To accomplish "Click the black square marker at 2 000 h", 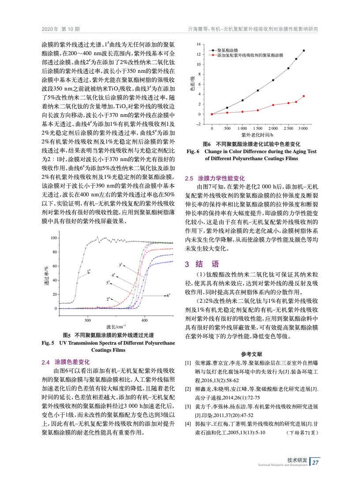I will [x=273, y=80].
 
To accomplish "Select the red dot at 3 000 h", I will [x=304, y=96].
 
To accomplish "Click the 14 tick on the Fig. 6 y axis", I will [x=199, y=45].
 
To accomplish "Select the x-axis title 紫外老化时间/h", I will [x=258, y=134].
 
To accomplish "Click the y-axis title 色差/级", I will [x=192, y=82].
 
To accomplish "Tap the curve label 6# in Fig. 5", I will [x=169, y=295].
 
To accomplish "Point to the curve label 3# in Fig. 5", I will [x=120, y=264].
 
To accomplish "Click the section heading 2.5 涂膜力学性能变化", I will [x=214, y=179].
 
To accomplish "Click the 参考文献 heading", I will [x=252, y=354].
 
